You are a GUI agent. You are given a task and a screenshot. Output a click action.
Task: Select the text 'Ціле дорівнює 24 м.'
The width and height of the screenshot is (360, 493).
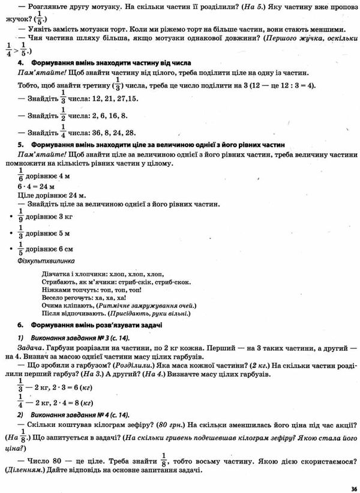(x=52, y=195)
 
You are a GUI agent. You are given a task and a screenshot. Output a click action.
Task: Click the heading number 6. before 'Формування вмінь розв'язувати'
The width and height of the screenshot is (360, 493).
(x=20, y=324)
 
